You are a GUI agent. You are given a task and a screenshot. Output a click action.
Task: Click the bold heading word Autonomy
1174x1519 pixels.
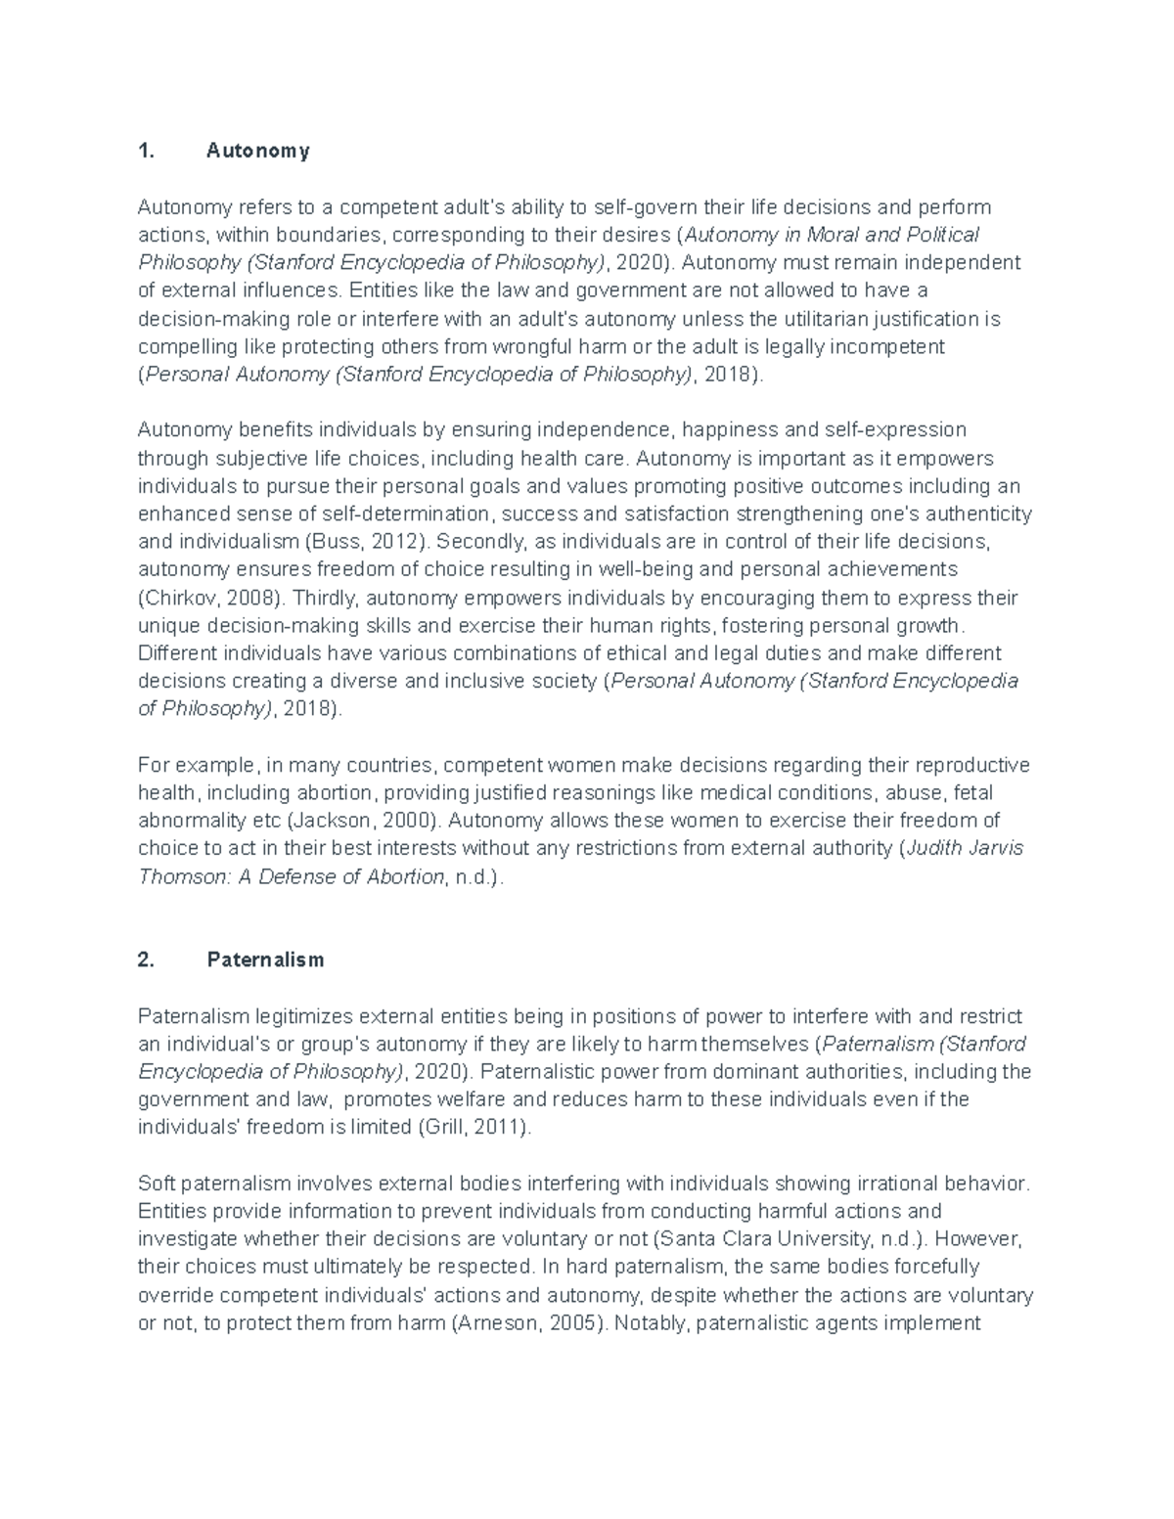click(x=258, y=151)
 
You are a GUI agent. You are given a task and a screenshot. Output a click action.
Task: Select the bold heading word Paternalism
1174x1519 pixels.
click(x=265, y=960)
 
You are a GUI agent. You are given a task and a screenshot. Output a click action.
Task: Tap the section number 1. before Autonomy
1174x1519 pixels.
click(x=147, y=151)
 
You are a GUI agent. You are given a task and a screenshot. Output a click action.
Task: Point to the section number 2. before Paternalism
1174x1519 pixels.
click(x=147, y=960)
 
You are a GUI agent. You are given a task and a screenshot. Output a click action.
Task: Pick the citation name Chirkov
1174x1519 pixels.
click(x=176, y=598)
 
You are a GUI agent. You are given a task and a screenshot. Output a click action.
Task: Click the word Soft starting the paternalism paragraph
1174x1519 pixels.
click(x=156, y=1184)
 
